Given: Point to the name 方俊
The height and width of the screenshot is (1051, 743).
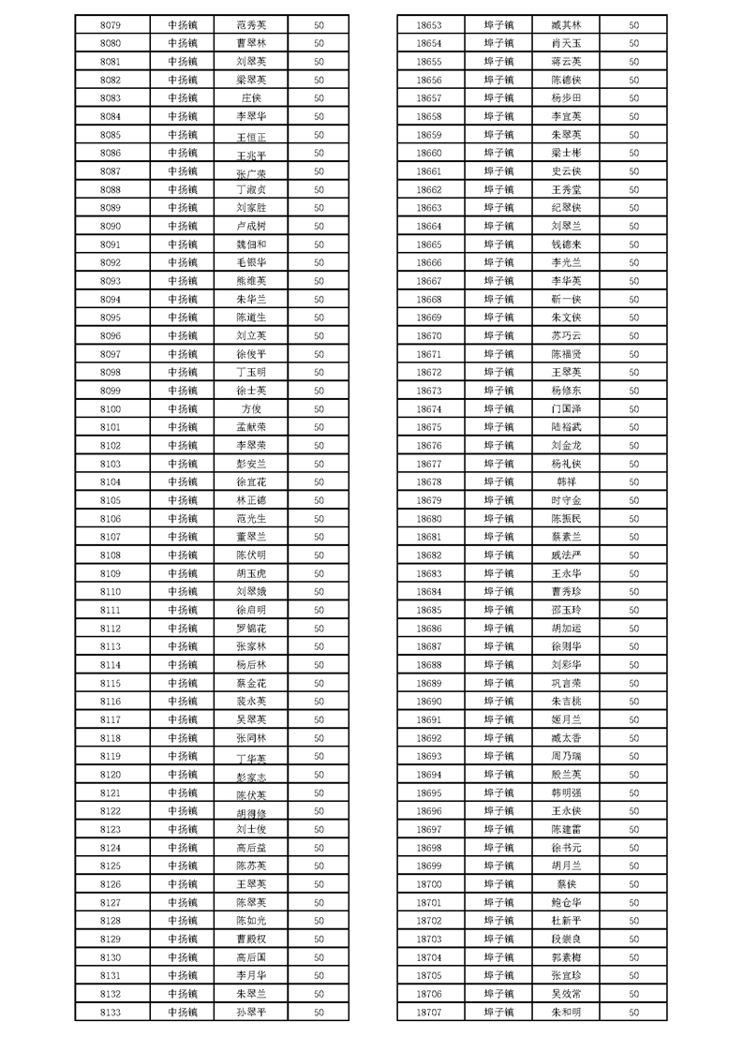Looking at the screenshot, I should point(251,408).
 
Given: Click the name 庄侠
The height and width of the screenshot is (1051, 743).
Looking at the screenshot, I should point(251,98).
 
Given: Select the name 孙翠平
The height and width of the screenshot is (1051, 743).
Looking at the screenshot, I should point(251,1012).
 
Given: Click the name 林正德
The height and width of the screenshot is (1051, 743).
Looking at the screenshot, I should point(251,500).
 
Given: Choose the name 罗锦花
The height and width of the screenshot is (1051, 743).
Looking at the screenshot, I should point(251,628).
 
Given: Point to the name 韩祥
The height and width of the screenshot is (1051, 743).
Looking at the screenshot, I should point(567,481).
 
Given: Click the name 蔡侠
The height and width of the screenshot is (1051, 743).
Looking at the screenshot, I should point(567,883).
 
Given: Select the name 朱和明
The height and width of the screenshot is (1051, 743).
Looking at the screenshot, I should point(567,1012).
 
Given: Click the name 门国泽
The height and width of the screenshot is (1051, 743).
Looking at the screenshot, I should point(567,408).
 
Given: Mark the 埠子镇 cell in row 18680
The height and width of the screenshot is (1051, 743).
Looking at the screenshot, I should point(498,518).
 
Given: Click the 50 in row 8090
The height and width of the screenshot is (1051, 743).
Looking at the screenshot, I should point(319,226).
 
